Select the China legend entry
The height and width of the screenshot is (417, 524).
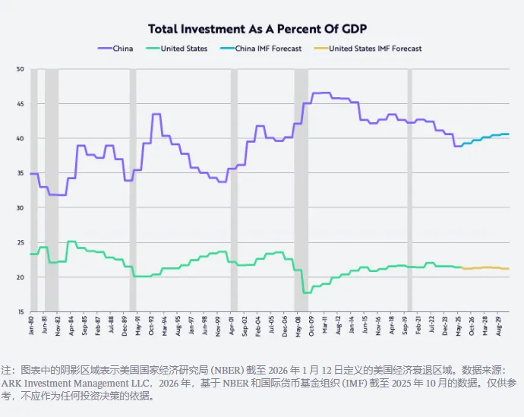[122, 49]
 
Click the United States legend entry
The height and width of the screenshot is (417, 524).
[184, 49]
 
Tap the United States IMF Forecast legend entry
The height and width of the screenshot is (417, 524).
[375, 49]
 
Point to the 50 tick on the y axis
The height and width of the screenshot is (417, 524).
[21, 69]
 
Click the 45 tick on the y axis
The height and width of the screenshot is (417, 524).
[21, 104]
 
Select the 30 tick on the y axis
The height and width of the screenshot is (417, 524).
[21, 207]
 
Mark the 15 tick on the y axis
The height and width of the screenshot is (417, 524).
[21, 311]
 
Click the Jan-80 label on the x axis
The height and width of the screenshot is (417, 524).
[31, 326]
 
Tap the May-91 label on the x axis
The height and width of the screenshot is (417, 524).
[138, 326]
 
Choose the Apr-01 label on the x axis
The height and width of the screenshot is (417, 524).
[232, 326]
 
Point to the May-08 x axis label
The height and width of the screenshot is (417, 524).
[299, 326]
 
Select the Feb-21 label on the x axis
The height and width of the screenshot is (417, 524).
[420, 326]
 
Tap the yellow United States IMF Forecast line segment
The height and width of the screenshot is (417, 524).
[486, 267]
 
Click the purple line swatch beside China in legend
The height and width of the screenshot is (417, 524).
[105, 49]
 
